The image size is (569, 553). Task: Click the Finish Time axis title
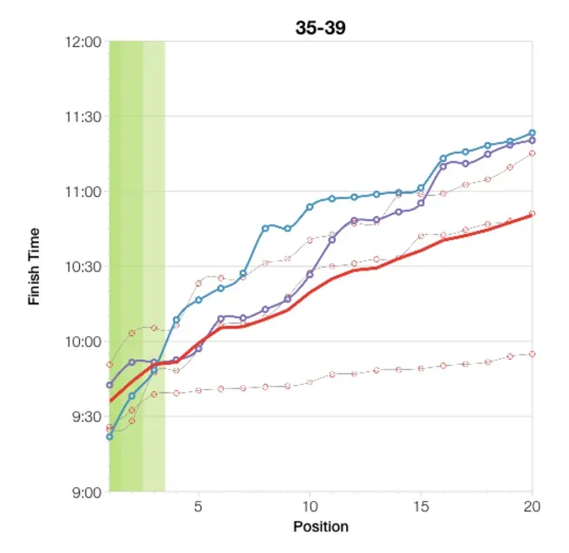tap(35, 266)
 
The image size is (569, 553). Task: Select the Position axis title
tap(320, 526)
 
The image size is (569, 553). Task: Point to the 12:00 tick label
tap(84, 42)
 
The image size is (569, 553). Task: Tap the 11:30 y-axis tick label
tap(84, 117)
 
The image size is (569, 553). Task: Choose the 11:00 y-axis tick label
tap(84, 192)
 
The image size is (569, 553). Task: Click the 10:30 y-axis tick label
tap(84, 267)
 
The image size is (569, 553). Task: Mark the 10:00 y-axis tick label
tap(84, 342)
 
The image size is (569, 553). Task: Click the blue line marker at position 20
tap(532, 133)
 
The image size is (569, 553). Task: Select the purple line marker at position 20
tap(532, 140)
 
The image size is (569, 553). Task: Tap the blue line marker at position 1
tap(109, 437)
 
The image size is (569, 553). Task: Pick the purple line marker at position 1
tap(109, 385)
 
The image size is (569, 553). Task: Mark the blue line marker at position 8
tap(265, 228)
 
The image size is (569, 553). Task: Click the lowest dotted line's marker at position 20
tap(532, 354)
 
